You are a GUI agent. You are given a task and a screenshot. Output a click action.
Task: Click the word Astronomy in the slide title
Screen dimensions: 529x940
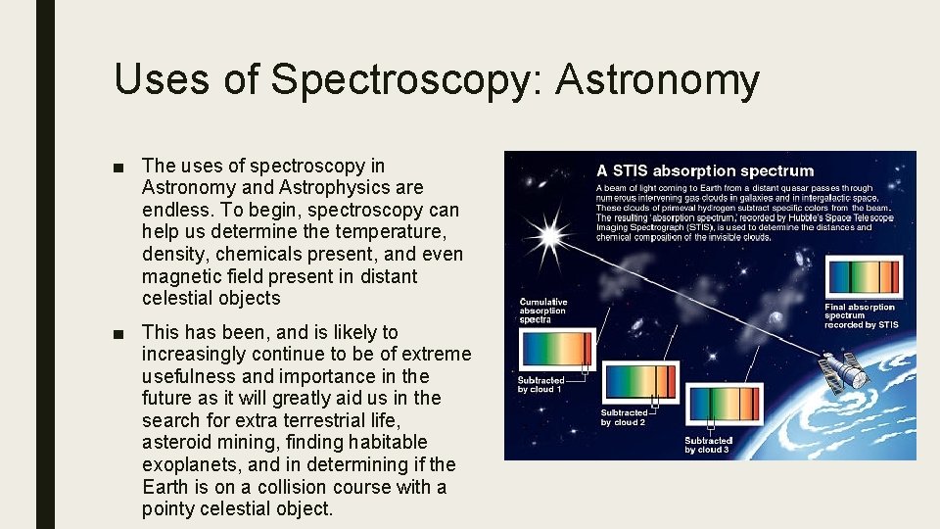pyautogui.click(x=657, y=78)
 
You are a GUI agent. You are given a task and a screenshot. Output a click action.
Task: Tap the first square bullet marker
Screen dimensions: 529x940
pyautogui.click(x=119, y=166)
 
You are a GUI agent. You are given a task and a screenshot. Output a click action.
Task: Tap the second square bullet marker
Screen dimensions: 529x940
pyautogui.click(x=119, y=333)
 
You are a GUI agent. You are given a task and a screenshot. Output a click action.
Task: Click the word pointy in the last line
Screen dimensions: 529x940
pyautogui.click(x=168, y=508)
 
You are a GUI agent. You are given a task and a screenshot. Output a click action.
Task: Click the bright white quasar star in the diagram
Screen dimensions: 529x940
pyautogui.click(x=549, y=235)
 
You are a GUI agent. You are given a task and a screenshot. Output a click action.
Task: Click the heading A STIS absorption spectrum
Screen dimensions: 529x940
pyautogui.click(x=705, y=171)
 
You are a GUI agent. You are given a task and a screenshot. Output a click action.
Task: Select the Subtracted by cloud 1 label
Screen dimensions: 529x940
pyautogui.click(x=540, y=384)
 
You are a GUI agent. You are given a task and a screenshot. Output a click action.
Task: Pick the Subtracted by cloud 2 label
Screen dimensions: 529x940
pyautogui.click(x=624, y=417)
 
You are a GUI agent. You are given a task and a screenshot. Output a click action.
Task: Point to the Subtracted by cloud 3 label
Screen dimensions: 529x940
pyautogui.click(x=707, y=445)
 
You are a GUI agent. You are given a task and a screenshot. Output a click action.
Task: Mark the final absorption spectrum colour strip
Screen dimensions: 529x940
pyautogui.click(x=862, y=277)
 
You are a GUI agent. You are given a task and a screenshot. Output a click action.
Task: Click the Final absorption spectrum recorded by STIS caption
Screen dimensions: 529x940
pyautogui.click(x=861, y=315)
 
